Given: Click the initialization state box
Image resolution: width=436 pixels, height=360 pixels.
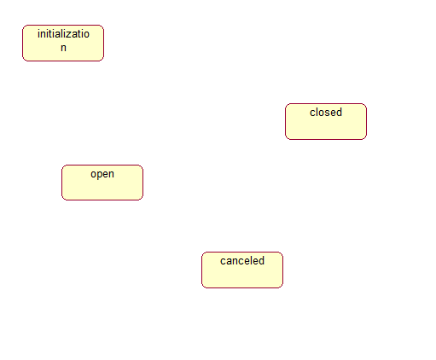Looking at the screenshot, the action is coord(63,43).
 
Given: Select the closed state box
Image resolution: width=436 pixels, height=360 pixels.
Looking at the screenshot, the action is coord(326,121).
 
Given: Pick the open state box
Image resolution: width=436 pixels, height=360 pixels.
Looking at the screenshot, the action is coord(102,183).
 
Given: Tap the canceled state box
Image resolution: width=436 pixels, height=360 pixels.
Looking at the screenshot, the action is coord(242,270).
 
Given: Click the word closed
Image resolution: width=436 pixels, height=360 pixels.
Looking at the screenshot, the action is coord(326,113).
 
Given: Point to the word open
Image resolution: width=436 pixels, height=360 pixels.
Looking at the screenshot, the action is coord(102,174).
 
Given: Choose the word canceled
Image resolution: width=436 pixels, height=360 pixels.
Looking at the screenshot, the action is coord(242,261).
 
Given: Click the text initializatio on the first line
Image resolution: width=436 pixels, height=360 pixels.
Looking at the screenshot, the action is coord(63,34).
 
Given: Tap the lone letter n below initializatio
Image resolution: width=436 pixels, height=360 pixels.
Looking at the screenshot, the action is coord(63,48).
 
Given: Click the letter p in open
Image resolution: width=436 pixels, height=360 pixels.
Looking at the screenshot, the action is coord(98,175).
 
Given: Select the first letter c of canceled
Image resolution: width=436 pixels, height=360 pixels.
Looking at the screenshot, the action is coord(223,261).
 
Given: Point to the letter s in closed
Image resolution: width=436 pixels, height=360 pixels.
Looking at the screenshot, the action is coord(326,113).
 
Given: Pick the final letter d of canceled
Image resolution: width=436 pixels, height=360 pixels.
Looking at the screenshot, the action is coord(262,261).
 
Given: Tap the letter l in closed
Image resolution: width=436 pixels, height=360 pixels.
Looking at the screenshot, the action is coord(317,113).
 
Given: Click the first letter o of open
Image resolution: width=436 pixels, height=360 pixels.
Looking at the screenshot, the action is coord(93,174).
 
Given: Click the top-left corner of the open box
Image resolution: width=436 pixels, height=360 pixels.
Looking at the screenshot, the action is coord(62,165).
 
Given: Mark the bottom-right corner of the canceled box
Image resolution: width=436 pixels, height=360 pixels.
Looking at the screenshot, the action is coord(282,287).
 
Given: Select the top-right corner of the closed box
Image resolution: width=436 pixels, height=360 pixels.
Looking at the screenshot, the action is coord(366,104).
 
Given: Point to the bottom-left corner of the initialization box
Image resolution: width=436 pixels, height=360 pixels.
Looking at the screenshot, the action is coord(23,61).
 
